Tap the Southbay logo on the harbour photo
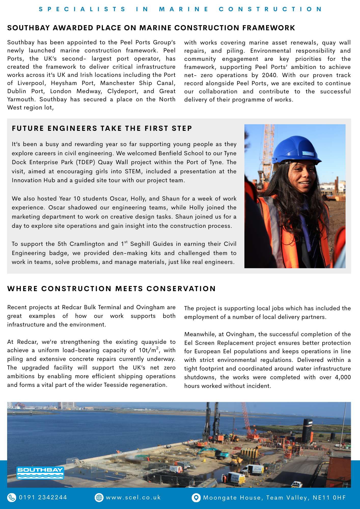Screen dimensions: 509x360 [x=40, y=473]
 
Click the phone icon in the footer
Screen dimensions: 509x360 [x=11, y=498]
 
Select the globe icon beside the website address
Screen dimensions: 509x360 [x=99, y=498]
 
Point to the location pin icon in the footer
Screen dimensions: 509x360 [x=196, y=498]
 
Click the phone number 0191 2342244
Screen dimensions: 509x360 [x=43, y=498]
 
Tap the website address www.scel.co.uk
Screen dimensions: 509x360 [x=133, y=498]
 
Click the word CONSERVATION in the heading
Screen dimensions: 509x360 [x=181, y=289]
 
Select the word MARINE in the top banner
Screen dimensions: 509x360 [x=184, y=9]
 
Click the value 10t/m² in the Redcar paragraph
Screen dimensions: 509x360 [x=149, y=350]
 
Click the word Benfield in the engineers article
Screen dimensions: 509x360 [x=171, y=153]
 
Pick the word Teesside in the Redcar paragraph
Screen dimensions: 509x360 [x=119, y=385]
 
